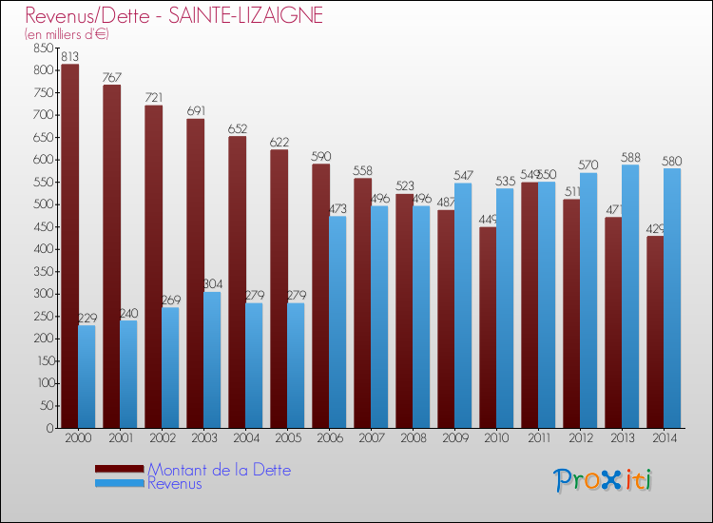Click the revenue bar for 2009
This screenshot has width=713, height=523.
(x=463, y=305)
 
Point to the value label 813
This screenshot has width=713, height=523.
(x=69, y=57)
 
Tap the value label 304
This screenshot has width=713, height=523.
(x=212, y=284)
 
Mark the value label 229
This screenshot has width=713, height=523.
(x=87, y=318)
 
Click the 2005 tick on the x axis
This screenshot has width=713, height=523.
(x=287, y=438)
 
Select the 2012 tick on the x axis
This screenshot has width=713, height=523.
(x=580, y=438)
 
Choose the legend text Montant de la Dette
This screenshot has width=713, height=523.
(x=219, y=470)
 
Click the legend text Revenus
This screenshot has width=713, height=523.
(x=175, y=483)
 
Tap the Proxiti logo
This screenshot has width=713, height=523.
(x=603, y=480)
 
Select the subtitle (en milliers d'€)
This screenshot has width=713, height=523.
(x=67, y=34)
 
